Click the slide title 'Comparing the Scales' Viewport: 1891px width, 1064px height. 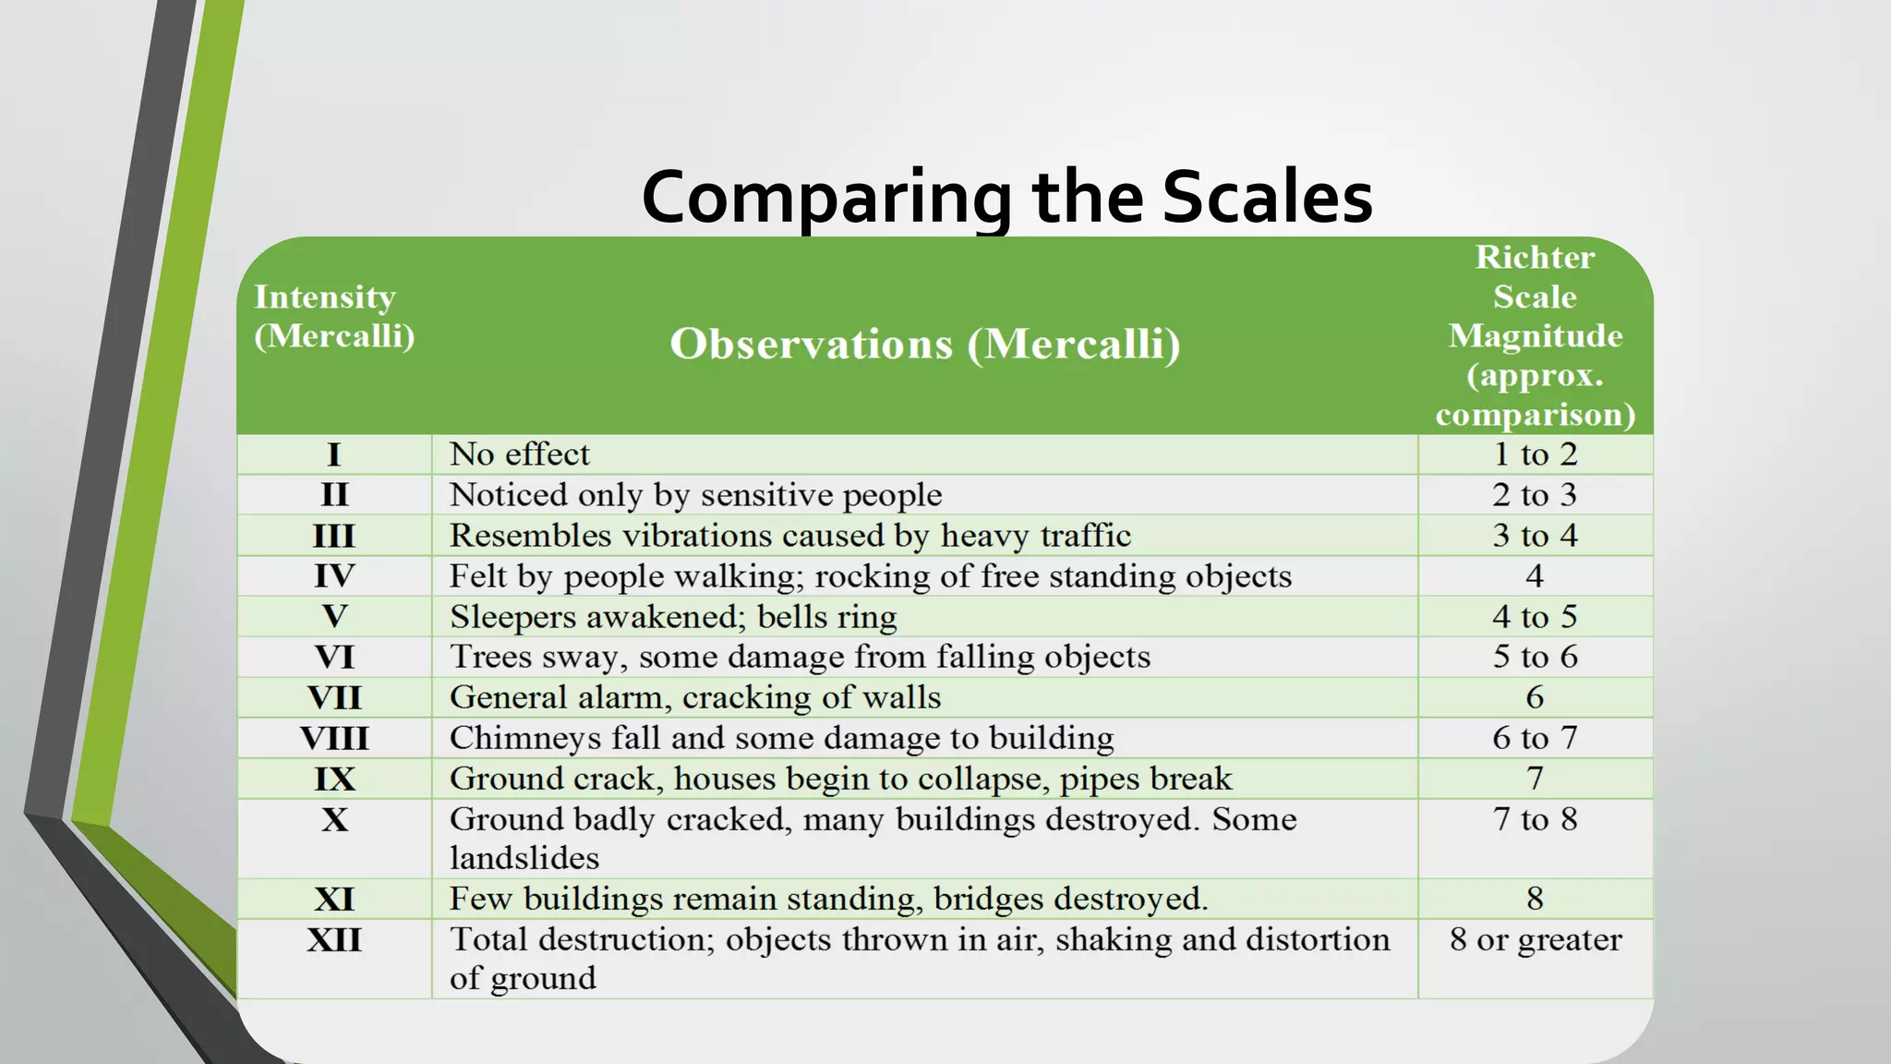1006,198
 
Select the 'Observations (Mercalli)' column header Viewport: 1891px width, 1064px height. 925,344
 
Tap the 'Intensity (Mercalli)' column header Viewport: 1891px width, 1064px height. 334,316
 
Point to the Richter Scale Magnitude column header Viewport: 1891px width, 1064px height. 1535,335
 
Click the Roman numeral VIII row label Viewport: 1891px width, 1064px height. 334,738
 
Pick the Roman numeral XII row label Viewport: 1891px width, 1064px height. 334,940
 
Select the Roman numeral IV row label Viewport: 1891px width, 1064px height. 334,576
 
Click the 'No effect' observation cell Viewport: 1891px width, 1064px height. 519,454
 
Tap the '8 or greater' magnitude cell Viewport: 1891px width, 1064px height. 1535,940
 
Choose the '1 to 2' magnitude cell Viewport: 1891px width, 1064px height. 1535,454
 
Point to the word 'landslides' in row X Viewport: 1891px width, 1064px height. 524,858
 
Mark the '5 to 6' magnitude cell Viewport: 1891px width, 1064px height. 1535,657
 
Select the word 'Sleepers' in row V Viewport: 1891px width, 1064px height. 512,617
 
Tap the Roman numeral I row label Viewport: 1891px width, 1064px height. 334,454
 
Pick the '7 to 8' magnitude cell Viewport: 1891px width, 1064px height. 1535,819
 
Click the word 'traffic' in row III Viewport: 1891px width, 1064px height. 1084,536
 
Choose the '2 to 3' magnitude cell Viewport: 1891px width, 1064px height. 1535,495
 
